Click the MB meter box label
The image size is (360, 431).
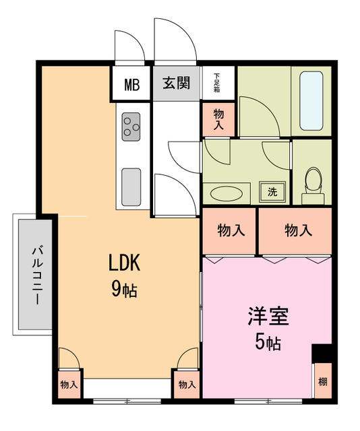click(131, 85)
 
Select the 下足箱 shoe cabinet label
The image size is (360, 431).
click(217, 81)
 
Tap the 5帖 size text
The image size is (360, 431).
click(268, 343)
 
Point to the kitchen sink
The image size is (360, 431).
click(131, 187)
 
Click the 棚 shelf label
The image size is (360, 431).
click(322, 382)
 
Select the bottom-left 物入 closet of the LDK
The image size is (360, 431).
click(69, 385)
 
